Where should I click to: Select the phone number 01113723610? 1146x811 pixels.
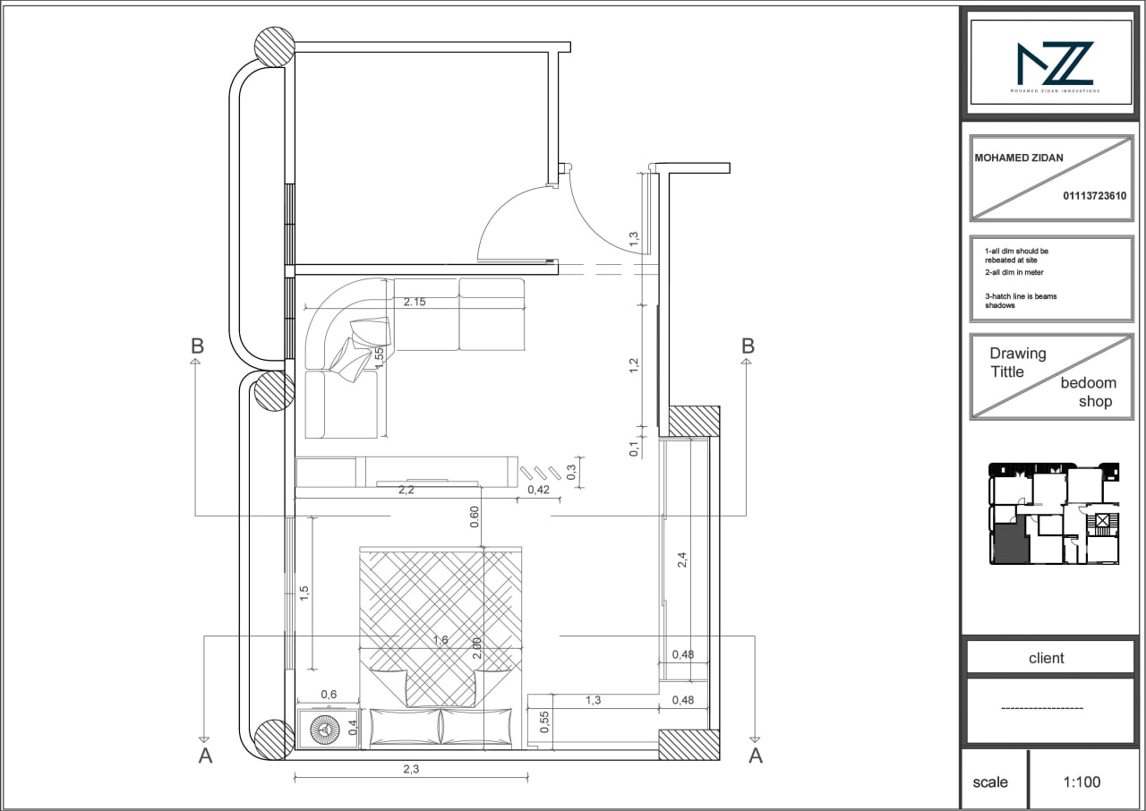[1094, 196]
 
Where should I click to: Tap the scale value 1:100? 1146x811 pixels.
[1082, 782]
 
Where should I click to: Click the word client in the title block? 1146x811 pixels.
[1046, 658]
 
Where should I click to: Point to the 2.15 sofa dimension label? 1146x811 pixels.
[414, 302]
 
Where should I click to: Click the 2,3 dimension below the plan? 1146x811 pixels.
[411, 768]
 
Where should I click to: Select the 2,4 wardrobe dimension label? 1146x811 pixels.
[682, 560]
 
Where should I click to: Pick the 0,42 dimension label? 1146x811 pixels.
[538, 490]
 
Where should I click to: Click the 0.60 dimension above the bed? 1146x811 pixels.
[475, 517]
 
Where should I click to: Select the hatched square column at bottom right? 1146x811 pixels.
[688, 745]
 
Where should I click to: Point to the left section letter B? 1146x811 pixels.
[198, 346]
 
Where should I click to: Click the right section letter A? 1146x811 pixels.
[756, 756]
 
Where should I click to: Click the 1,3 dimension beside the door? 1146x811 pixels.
[634, 239]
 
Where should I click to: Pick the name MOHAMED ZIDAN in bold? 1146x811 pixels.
[1019, 158]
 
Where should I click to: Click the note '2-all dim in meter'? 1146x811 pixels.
[1013, 272]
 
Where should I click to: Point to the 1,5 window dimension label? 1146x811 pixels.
[304, 593]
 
